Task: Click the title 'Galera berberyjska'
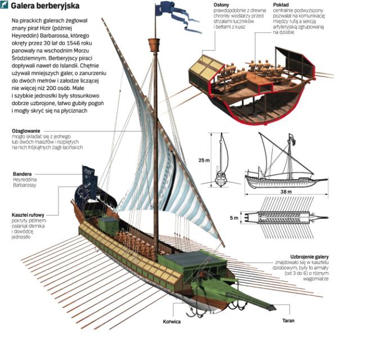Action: pyautogui.click(x=48, y=7)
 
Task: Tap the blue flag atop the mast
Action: pyautogui.click(x=167, y=8)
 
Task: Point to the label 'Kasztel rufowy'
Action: pyautogui.click(x=28, y=215)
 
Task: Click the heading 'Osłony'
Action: pyautogui.click(x=222, y=4)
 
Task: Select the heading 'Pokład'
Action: pyautogui.click(x=280, y=4)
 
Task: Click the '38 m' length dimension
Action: pyautogui.click(x=286, y=191)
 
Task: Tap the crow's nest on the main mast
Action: pyautogui.click(x=154, y=44)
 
